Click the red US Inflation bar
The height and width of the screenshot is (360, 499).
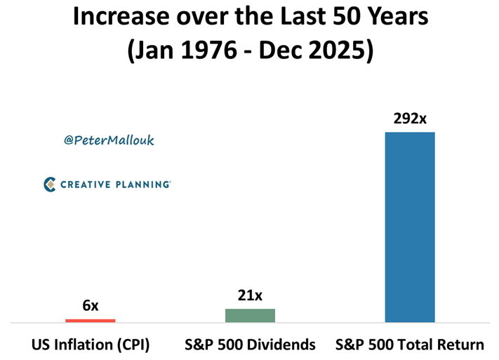click(x=90, y=320)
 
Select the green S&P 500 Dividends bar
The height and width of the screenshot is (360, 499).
click(x=250, y=315)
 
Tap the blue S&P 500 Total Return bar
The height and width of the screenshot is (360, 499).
click(x=410, y=227)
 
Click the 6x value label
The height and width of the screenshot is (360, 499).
click(x=90, y=306)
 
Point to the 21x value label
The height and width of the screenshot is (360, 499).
click(x=250, y=295)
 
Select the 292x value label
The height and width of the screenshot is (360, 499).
click(x=410, y=119)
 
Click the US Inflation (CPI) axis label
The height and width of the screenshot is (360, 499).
click(x=90, y=345)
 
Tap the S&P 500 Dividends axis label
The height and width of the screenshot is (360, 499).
click(x=250, y=345)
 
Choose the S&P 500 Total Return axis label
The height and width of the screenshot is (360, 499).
click(x=410, y=345)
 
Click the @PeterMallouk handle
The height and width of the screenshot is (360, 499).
click(x=109, y=140)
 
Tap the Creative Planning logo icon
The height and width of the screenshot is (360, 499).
click(x=50, y=185)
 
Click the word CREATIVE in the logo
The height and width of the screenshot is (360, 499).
click(x=84, y=185)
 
